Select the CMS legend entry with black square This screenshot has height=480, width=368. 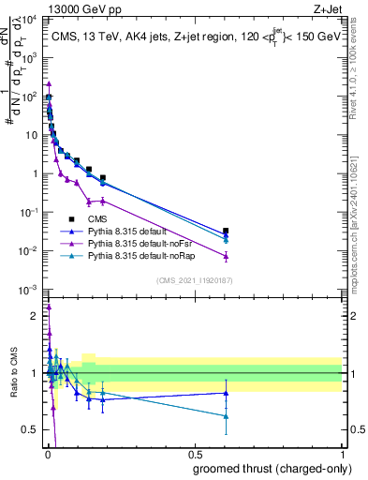click(x=89, y=218)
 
